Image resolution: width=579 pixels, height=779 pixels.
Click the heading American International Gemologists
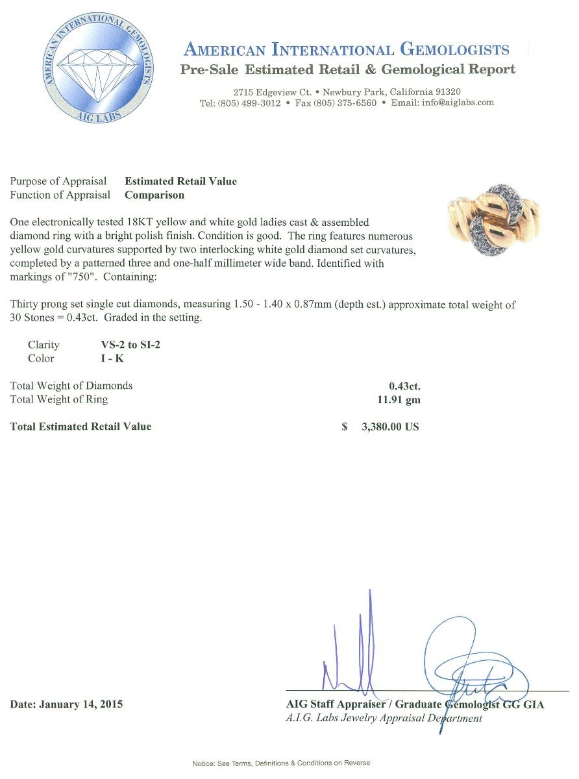pos(347,49)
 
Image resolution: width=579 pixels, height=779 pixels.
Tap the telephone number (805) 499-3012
pos(250,103)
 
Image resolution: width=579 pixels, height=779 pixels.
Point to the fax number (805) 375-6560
pos(345,103)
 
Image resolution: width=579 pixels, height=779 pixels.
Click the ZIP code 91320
pos(447,92)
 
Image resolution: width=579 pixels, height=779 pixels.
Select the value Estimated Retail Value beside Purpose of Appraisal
pos(180,181)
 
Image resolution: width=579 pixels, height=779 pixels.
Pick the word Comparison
pos(154,195)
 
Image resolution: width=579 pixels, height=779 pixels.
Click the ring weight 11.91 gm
pos(399,400)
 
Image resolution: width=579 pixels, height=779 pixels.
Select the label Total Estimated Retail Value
pos(80,427)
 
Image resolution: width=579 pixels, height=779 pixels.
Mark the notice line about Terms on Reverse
pos(281,763)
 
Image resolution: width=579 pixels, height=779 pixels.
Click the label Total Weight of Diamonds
pos(71,386)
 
